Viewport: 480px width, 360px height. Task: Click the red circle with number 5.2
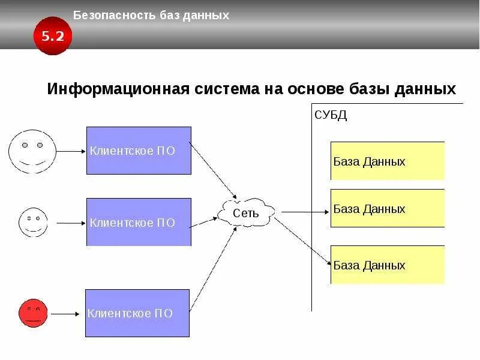52,36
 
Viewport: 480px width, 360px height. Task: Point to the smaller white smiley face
32,222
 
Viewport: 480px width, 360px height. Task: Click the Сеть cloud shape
246,212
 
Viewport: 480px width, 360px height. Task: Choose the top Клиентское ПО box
139,151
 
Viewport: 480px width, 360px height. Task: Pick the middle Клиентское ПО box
139,222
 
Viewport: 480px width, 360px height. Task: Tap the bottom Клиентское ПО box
137,313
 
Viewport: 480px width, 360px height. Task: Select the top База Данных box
387,161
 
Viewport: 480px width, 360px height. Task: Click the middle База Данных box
387,208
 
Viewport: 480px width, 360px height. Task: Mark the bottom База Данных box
387,265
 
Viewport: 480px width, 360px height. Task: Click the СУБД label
331,115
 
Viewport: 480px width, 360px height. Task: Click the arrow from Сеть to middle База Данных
305,211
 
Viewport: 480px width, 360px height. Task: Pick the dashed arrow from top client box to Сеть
214,172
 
